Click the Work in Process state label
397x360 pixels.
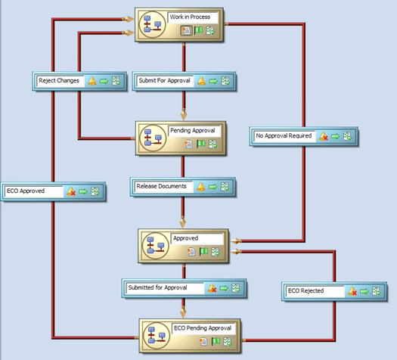click(x=190, y=17)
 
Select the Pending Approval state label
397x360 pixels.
click(x=192, y=131)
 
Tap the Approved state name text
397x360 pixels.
click(x=185, y=238)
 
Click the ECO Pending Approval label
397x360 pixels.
click(x=203, y=328)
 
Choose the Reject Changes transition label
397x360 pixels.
click(x=59, y=81)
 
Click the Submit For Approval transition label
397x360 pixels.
click(x=164, y=80)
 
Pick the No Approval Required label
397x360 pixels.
click(x=284, y=135)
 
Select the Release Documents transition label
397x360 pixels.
click(x=161, y=186)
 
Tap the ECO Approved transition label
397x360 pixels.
click(x=26, y=191)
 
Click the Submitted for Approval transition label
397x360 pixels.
click(x=157, y=287)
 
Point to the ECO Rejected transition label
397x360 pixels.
click(x=306, y=290)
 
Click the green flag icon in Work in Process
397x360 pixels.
click(x=198, y=31)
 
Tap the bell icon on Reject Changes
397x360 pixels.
click(x=92, y=81)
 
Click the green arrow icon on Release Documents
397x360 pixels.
click(x=212, y=187)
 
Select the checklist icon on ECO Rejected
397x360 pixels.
click(x=377, y=291)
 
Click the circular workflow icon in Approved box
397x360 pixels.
click(x=156, y=246)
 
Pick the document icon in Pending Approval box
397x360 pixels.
click(x=188, y=144)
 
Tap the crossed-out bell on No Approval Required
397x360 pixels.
click(x=324, y=136)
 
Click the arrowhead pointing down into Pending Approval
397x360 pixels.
click(x=184, y=114)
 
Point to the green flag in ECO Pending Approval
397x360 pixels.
click(x=216, y=342)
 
